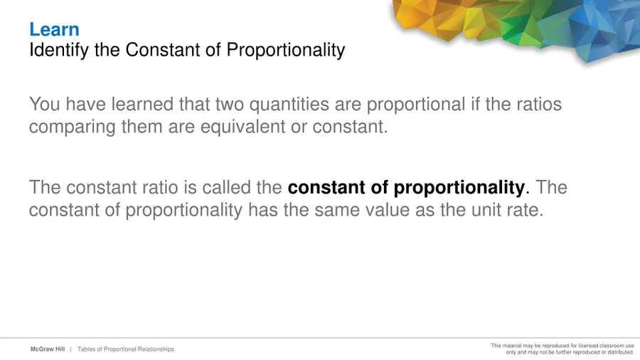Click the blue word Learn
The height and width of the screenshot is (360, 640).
54,29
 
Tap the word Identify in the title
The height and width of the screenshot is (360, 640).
59,51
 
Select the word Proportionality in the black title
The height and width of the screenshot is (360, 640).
286,51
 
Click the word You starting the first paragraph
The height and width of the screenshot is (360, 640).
45,104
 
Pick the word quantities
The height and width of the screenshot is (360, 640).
289,105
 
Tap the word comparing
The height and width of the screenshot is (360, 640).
73,127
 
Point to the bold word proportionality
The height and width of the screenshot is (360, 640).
459,188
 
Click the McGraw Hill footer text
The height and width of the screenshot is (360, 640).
48,349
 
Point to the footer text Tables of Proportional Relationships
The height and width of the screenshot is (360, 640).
126,349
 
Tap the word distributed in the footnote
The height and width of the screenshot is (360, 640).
620,352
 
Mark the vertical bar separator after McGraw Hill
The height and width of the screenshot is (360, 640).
70,349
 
